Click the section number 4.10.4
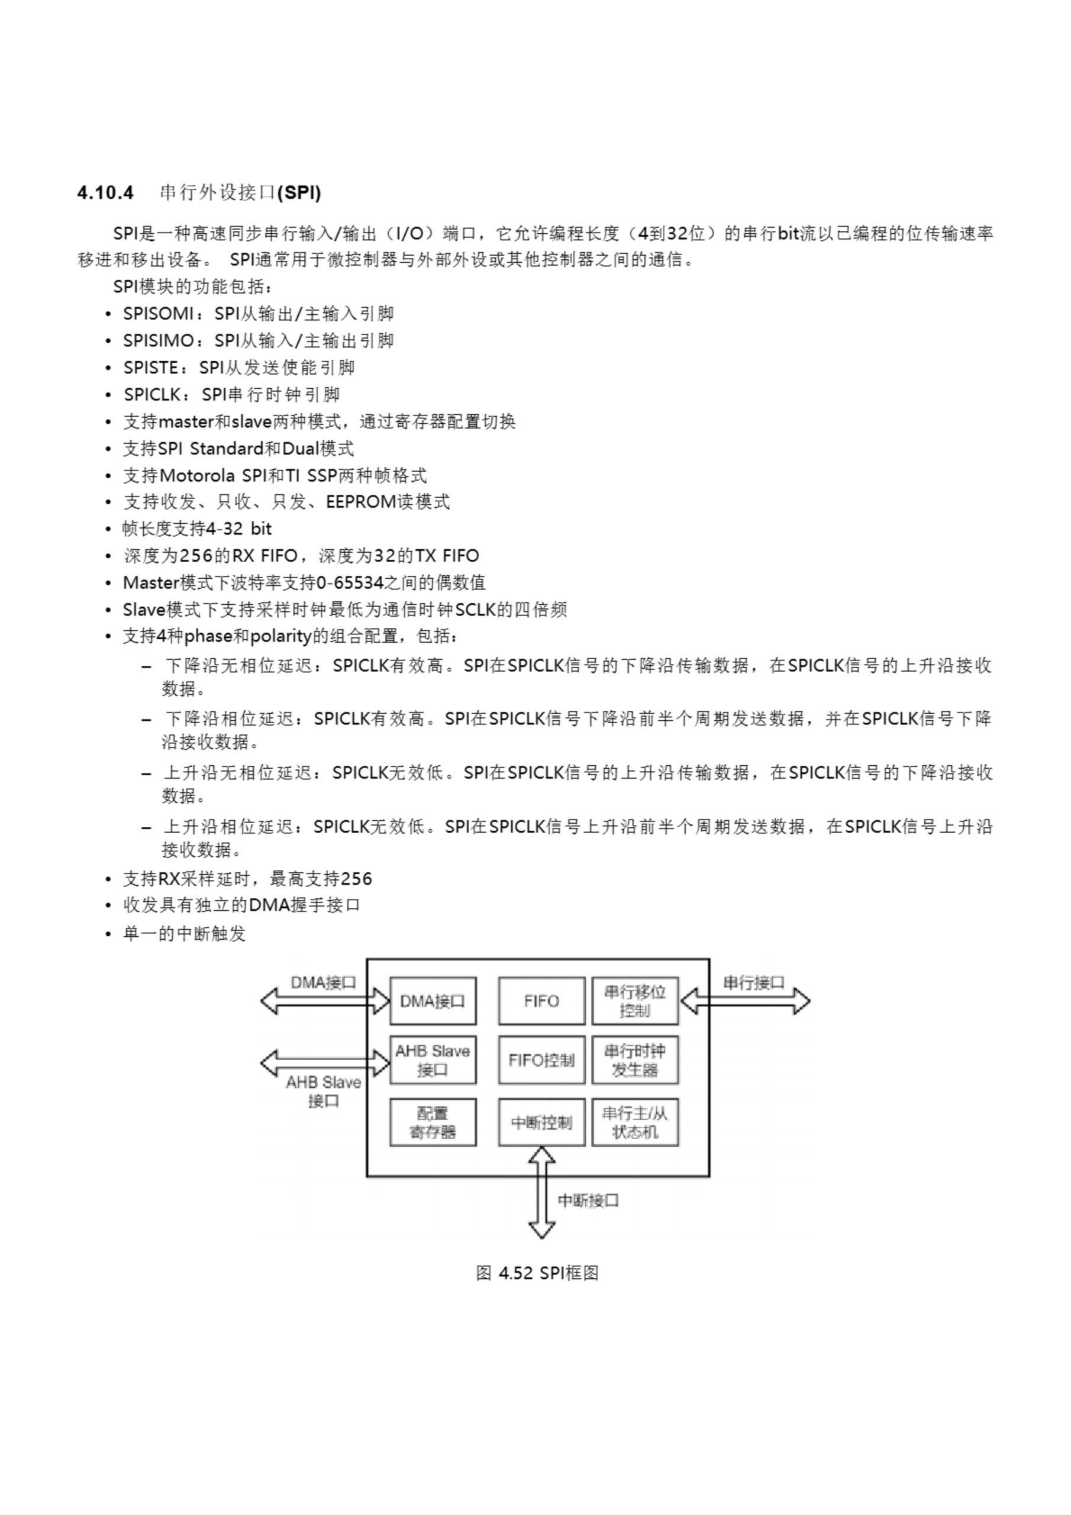point(105,193)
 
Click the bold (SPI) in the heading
point(299,193)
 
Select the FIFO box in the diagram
point(541,1001)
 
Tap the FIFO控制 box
point(541,1060)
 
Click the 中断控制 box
point(541,1121)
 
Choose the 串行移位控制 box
point(634,1001)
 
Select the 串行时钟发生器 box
point(634,1060)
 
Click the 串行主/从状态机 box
point(634,1121)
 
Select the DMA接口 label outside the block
point(323,982)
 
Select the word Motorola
point(196,476)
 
